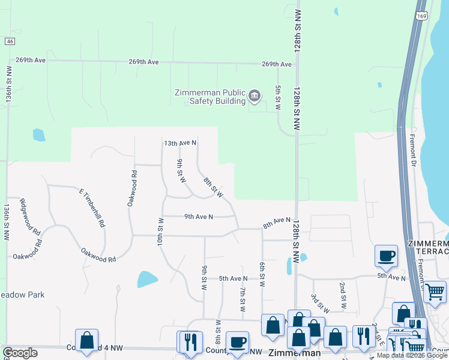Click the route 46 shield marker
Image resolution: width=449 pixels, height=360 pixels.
pyautogui.click(x=9, y=41)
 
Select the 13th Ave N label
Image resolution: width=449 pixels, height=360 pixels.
pyautogui.click(x=180, y=143)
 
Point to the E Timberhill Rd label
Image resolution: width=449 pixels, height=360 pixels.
pyautogui.click(x=92, y=207)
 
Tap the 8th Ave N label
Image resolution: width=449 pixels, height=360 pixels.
pyautogui.click(x=277, y=223)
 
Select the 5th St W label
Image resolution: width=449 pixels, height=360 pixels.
pyautogui.click(x=278, y=97)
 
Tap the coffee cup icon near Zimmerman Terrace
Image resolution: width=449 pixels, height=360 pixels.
pyautogui.click(x=386, y=256)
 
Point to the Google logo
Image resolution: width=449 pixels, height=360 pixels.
pyautogui.click(x=20, y=353)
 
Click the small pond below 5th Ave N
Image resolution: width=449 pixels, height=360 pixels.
pyautogui.click(x=147, y=279)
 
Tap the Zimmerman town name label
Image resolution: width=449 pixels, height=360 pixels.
pyautogui.click(x=294, y=353)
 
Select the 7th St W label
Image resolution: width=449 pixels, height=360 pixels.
pyautogui.click(x=243, y=299)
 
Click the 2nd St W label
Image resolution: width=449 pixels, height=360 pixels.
pyautogui.click(x=343, y=295)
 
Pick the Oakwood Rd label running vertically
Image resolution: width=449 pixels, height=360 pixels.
pyautogui.click(x=132, y=188)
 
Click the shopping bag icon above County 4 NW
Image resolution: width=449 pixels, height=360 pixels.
pyautogui.click(x=86, y=340)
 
